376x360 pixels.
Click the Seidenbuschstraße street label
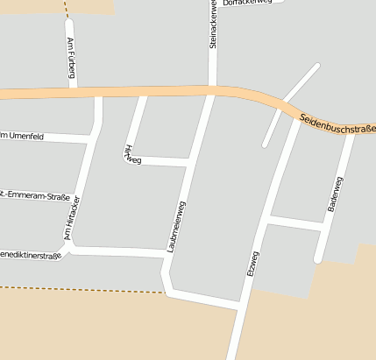tap(337, 123)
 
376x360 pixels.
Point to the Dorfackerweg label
tap(248, 4)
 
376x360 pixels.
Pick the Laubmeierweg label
tap(176, 227)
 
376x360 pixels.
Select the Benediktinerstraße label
tap(32, 256)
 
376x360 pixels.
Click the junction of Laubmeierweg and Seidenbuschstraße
tap(211, 91)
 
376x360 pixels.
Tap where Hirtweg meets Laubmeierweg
tap(188, 162)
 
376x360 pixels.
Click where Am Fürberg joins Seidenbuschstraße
tap(74, 89)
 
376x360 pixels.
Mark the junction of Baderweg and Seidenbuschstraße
tap(353, 132)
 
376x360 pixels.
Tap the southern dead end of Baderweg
tap(319, 259)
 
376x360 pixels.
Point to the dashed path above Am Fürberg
tap(67, 9)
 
